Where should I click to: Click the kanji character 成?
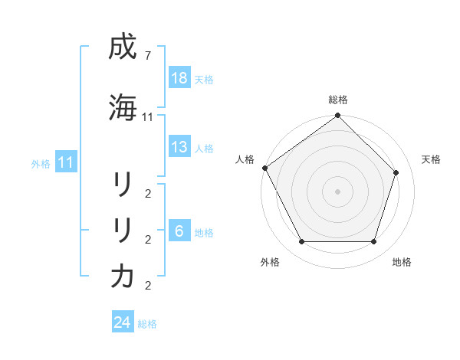click(123, 49)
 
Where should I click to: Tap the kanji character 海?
click(123, 107)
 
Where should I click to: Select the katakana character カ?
click(123, 276)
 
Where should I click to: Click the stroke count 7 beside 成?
click(148, 57)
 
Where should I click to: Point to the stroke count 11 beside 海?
click(148, 117)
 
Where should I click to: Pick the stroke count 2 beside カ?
click(148, 286)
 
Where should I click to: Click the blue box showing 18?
click(179, 78)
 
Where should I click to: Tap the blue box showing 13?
click(179, 147)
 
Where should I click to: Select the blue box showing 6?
click(179, 231)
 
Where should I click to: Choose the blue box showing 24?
click(123, 322)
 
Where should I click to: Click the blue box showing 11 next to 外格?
click(66, 162)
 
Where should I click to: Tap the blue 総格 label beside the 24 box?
click(147, 324)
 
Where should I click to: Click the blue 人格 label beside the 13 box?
click(204, 148)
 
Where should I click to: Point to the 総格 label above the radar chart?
click(337, 100)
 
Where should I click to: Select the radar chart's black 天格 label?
click(432, 159)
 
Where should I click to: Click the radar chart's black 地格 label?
click(402, 262)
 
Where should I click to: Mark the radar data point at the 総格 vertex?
click(337, 116)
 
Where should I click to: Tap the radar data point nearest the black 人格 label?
click(264, 168)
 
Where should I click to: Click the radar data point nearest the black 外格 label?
click(301, 242)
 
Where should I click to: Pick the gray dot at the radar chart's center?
click(337, 191)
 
